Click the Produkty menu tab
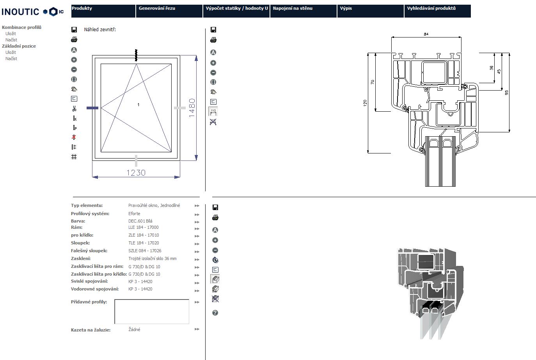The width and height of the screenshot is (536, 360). point(82,8)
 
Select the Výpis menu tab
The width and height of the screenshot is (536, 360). point(346,8)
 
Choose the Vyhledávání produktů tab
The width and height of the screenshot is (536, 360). point(431,8)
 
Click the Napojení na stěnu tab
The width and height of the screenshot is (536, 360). point(293,8)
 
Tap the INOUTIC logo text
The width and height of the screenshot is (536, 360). point(20,12)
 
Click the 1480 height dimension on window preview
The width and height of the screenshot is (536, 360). point(192,108)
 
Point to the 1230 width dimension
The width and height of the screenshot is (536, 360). point(136,173)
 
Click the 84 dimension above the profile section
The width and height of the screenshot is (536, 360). point(426,34)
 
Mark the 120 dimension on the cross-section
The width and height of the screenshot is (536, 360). point(365,103)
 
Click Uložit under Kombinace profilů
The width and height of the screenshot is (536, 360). point(11,34)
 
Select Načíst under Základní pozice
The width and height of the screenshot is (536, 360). point(11,59)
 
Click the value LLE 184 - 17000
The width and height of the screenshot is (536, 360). point(143,227)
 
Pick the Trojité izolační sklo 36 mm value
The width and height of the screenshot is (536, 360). point(152,258)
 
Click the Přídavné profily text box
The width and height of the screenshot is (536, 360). point(152,312)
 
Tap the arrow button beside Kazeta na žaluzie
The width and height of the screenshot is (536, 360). point(197,330)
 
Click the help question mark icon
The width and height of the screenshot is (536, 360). point(215,313)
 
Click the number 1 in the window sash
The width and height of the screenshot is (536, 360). point(138,105)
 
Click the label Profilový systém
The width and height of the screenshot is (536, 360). point(90,214)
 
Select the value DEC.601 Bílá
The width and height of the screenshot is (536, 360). point(140,221)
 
